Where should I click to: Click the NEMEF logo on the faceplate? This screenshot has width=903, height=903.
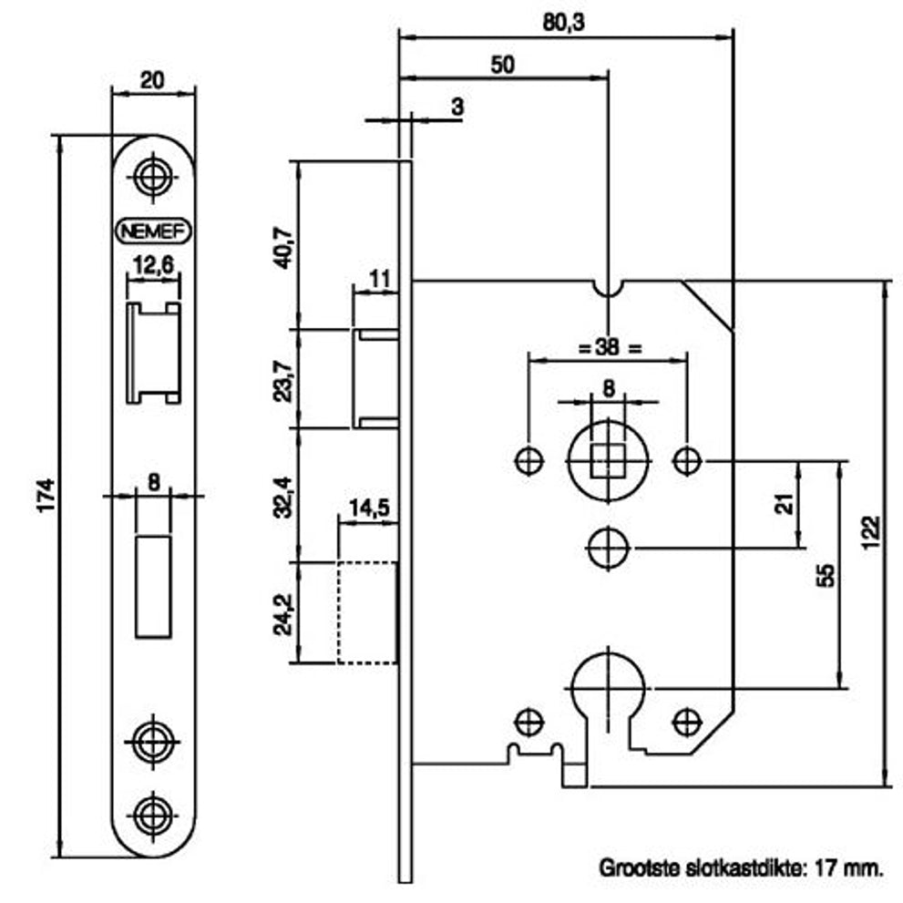pos(153,231)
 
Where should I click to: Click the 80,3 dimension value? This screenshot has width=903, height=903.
pos(563,23)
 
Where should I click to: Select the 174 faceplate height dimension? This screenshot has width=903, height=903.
pos(46,496)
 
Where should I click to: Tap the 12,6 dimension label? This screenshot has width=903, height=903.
pos(153,265)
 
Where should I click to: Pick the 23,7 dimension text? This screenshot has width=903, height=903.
pos(284,381)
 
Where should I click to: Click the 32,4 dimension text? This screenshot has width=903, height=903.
pos(284,498)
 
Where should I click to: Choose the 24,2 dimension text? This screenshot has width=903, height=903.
pos(284,614)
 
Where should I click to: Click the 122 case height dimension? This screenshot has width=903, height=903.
pos(873,533)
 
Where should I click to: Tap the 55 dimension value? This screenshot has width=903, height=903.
pos(826,575)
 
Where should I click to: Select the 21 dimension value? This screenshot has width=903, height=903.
pos(785,504)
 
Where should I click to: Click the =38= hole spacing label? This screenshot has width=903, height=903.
pos(610,347)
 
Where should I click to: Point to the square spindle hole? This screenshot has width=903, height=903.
pos(608,461)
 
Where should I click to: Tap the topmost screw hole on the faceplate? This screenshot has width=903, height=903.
pos(152,177)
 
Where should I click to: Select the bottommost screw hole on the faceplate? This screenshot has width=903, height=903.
pos(152,816)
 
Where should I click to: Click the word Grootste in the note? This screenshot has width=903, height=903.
pos(640,867)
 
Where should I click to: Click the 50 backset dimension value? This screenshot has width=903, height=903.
pos(502,65)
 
